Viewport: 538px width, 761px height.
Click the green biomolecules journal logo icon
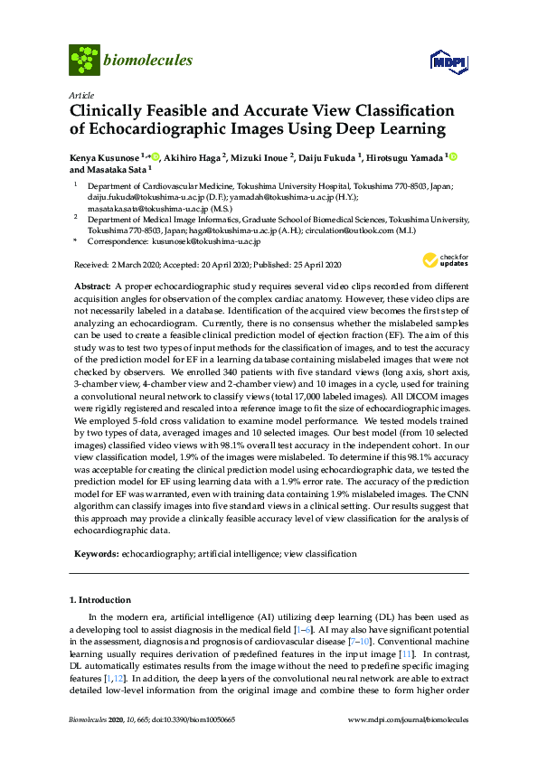(85, 61)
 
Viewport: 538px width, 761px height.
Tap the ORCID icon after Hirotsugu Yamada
(452, 157)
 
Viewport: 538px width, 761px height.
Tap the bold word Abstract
(92, 285)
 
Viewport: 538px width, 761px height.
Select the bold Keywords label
(94, 553)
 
